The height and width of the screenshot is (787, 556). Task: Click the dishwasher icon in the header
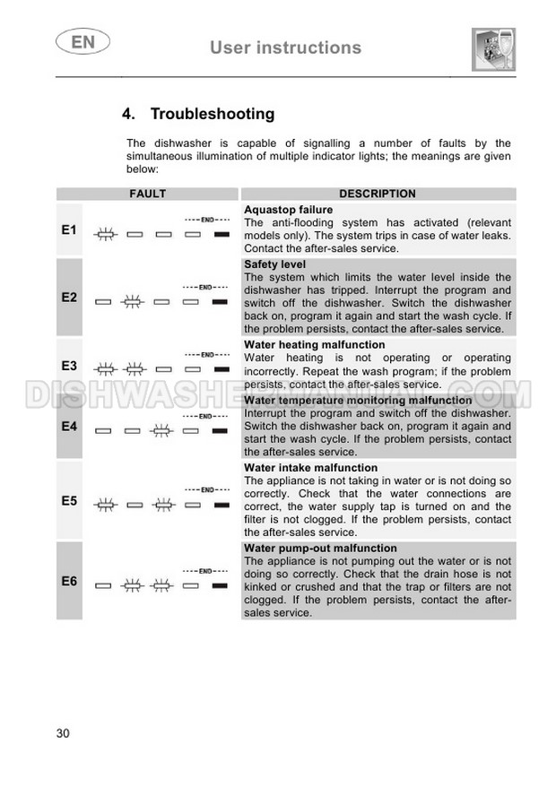point(493,48)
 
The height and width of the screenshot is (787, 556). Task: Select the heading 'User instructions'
point(285,48)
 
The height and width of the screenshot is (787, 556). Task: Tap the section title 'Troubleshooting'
point(212,114)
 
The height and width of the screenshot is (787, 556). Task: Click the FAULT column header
point(147,194)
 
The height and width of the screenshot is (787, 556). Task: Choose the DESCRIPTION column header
point(377,194)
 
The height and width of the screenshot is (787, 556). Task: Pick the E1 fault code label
point(69,230)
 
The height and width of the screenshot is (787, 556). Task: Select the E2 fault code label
point(69,297)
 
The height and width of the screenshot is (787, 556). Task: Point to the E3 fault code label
point(69,365)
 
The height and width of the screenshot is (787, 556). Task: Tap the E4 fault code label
point(69,427)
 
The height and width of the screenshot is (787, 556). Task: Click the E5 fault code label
point(69,500)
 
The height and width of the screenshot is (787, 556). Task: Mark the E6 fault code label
point(69,581)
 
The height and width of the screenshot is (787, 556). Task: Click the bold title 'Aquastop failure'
point(288,210)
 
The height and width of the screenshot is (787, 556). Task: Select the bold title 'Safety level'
point(274,264)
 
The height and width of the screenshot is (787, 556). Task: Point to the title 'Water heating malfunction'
point(314,345)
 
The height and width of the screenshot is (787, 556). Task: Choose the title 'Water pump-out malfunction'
point(320,549)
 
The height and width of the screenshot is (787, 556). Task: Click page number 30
point(63,733)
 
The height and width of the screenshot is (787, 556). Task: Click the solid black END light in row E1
point(220,234)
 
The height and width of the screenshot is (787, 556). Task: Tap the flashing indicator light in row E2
point(134,302)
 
